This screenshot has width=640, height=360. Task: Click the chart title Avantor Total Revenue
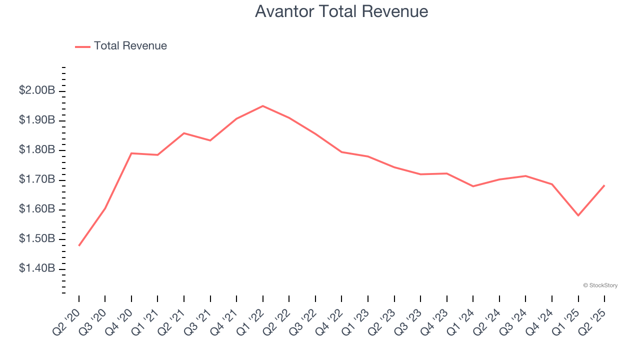click(x=341, y=11)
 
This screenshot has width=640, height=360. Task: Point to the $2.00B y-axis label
click(x=37, y=90)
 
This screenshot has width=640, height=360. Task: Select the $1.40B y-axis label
click(x=37, y=269)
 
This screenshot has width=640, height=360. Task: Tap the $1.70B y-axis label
click(x=37, y=179)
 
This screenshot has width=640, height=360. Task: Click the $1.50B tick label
click(x=37, y=239)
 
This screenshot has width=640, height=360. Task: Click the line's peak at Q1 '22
click(x=263, y=106)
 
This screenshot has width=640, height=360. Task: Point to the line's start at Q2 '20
click(x=79, y=245)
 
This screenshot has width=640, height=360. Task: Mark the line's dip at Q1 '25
click(x=578, y=215)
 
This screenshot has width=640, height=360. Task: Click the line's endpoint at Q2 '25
click(x=604, y=185)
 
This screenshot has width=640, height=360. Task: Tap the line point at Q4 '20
click(x=131, y=153)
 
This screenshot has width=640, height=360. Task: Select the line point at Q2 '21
click(x=184, y=133)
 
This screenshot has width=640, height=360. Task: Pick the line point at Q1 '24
click(x=473, y=186)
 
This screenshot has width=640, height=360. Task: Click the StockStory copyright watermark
click(x=600, y=285)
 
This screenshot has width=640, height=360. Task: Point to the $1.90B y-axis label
click(x=37, y=120)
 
